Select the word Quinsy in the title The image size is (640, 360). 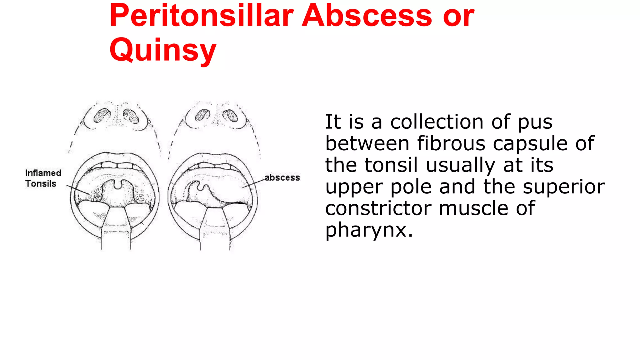coord(163,50)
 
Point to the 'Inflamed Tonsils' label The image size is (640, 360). coord(43,178)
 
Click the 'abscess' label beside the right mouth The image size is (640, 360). coord(282,177)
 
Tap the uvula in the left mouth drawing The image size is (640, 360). coord(117,184)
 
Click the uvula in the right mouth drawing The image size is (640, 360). coord(207,188)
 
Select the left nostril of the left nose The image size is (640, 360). coord(102,115)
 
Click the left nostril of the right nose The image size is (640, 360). coord(202,115)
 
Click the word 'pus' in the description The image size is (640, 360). coord(535,122)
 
